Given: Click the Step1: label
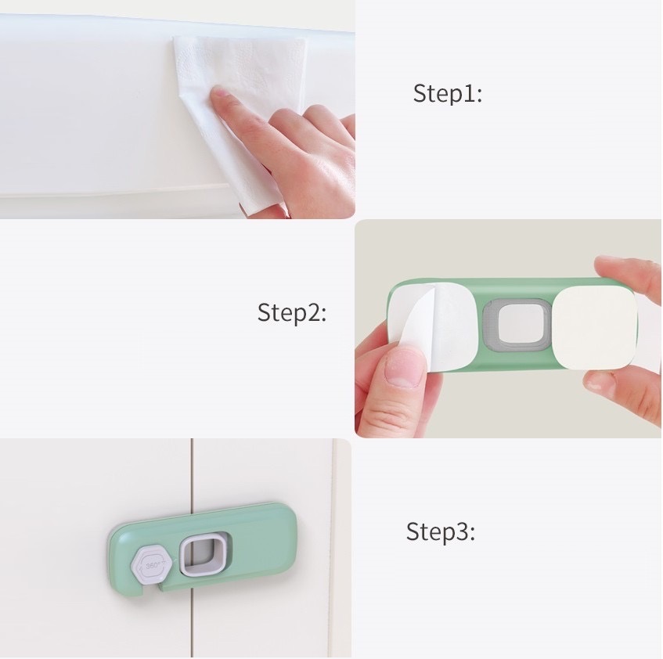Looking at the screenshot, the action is pos(448,93).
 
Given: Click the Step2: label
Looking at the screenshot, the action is pos(292,313).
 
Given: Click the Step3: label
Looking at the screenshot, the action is pos(441,531).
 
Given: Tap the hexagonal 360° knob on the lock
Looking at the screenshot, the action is pos(151,565).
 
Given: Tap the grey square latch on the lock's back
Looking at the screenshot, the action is pos(515,325).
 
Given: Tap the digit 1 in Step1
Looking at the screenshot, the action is pos(469,93).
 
